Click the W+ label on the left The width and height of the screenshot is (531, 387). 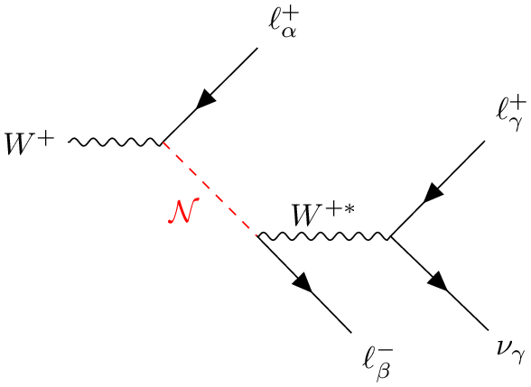tap(30, 143)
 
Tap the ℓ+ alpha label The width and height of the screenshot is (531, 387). tap(284, 23)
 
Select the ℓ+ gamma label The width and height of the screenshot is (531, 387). tap(511, 115)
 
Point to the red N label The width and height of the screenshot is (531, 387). tap(183, 211)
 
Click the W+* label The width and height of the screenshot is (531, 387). tap(324, 215)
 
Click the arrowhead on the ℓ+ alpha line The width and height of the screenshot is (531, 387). tap(206, 99)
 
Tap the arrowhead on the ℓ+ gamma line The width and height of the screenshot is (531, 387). tap(433, 192)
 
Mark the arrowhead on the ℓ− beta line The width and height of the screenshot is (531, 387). tap(303, 281)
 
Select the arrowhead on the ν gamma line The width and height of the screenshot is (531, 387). tap(438, 281)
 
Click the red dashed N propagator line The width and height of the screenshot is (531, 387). tap(210, 189)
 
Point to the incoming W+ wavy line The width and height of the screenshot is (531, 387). tap(116, 143)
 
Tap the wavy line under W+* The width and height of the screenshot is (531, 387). tap(323, 236)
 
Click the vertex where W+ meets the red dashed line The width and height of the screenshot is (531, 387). tap(163, 143)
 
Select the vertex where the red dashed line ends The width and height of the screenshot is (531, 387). tap(257, 235)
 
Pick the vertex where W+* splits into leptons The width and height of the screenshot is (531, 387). tap(390, 236)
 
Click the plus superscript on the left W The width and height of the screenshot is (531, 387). tap(46, 139)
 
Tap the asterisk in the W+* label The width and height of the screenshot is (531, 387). tap(349, 208)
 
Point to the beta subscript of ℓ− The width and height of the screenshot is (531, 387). tap(384, 371)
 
